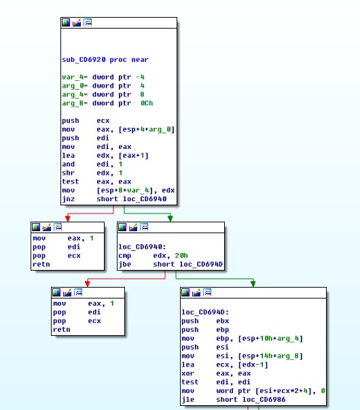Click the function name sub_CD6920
click(84, 60)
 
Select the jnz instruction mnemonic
click(68, 199)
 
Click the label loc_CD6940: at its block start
click(142, 247)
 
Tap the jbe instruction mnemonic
click(124, 264)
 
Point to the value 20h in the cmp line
click(181, 256)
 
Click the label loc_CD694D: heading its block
click(205, 312)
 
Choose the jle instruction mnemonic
click(188, 400)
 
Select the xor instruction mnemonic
click(188, 373)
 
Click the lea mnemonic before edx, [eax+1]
click(68, 156)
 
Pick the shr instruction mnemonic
click(68, 173)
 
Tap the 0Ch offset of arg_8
click(147, 103)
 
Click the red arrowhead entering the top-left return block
click(68, 218)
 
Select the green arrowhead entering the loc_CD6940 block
click(170, 218)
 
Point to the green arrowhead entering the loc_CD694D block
click(253, 284)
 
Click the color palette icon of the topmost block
click(66, 22)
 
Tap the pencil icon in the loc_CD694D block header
click(196, 292)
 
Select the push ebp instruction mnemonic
click(190, 330)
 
